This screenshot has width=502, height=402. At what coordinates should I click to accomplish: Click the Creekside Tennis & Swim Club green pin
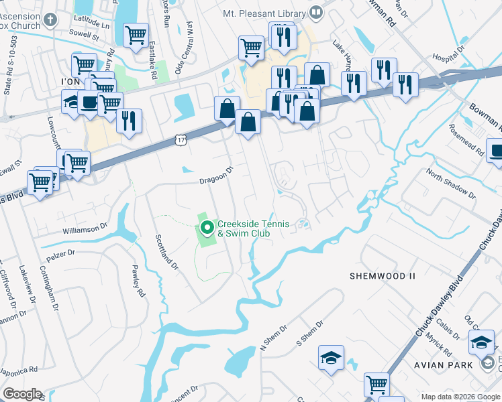[207, 229]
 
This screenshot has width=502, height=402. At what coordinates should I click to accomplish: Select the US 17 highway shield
[179, 139]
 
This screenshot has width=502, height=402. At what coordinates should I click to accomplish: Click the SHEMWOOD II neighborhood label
[383, 276]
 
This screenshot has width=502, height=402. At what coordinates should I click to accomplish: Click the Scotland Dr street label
[167, 252]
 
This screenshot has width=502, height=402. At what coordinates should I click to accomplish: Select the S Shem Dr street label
[310, 334]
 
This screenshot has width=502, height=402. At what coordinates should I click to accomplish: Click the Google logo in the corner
[22, 394]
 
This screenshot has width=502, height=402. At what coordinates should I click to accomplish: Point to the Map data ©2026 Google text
[460, 397]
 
